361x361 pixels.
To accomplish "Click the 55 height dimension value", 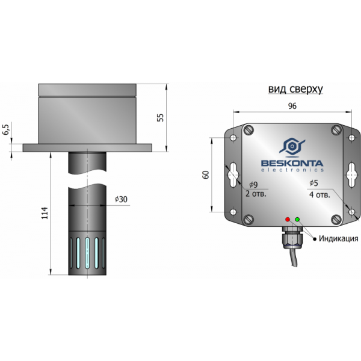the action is (161, 118).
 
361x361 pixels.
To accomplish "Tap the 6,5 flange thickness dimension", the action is (6, 129).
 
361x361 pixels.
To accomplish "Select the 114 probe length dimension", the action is (45, 213).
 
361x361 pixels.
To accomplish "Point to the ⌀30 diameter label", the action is (121, 199).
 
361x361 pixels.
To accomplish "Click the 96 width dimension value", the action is (292, 106).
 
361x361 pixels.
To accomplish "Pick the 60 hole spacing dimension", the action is (206, 174).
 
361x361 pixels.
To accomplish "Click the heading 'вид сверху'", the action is (295, 89).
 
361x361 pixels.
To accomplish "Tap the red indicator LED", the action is (288, 220).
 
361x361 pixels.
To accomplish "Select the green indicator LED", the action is (297, 220).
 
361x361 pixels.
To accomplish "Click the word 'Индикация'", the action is (338, 238).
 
